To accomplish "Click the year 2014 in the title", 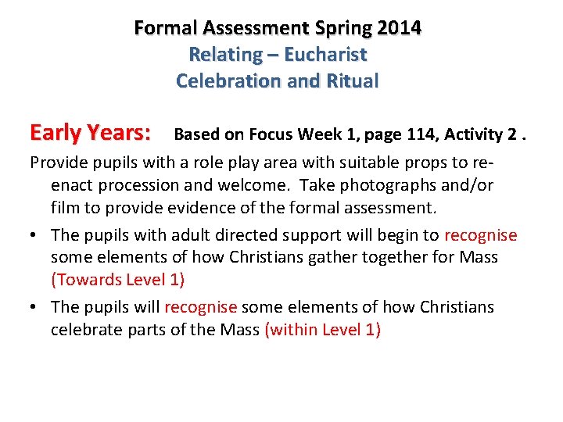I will coord(399,28).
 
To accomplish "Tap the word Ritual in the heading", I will coord(353,80).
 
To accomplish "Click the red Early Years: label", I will coord(91,133).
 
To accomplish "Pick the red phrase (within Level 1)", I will coord(323,329).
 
